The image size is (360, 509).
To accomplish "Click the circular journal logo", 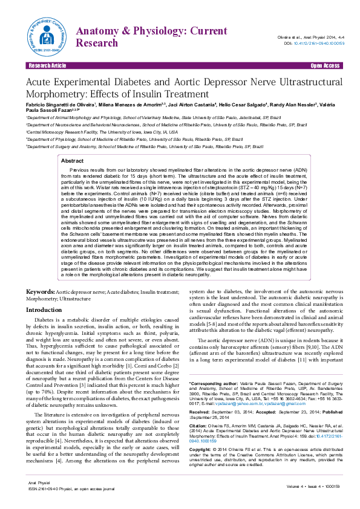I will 46,36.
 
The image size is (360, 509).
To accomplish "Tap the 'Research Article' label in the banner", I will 47,65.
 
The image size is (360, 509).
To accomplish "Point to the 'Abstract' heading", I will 73,144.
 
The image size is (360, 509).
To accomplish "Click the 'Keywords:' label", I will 40,291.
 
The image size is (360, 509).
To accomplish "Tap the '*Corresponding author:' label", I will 213,384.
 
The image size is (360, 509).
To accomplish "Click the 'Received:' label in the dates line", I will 201,412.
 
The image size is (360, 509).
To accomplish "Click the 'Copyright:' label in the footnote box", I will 203,450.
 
